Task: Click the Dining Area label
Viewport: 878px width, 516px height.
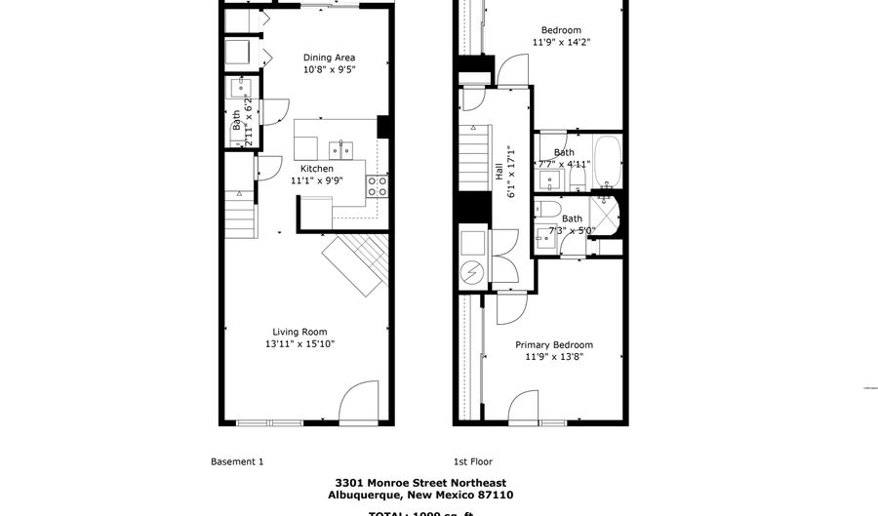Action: (329, 58)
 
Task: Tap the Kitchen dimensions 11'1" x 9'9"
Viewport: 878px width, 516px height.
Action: (317, 180)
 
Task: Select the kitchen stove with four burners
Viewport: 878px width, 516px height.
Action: (377, 186)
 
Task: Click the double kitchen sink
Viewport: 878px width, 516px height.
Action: (341, 149)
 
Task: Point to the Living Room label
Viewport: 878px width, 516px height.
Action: (299, 332)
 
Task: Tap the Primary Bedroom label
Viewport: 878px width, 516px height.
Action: (553, 344)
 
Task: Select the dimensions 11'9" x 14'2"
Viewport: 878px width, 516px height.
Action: (561, 42)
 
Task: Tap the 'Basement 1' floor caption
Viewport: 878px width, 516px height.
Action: (237, 461)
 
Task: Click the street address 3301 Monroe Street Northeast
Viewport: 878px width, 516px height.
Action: (419, 483)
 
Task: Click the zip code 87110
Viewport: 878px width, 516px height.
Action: (495, 495)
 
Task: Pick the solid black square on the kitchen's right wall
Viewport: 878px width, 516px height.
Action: (383, 127)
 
